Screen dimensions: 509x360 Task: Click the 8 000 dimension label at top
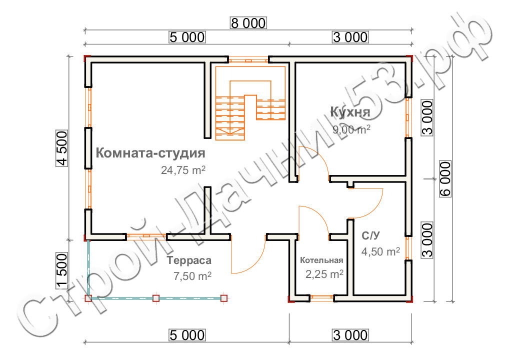click(248, 23)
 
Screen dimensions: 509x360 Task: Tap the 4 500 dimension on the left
click(62, 148)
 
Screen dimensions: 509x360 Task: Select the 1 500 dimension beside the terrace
click(62, 271)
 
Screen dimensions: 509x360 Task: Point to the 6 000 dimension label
click(445, 179)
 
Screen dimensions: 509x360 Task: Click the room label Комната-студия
click(150, 152)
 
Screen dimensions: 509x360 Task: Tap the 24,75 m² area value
click(183, 170)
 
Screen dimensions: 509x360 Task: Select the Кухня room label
click(350, 111)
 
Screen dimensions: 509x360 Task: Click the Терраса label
click(189, 260)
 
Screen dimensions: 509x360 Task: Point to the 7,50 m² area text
click(192, 276)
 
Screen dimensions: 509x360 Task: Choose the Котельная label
click(321, 260)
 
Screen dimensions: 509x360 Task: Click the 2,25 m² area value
click(324, 274)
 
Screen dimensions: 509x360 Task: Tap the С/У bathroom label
click(370, 235)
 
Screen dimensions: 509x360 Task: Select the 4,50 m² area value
click(380, 251)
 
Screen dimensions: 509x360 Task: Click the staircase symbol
click(250, 103)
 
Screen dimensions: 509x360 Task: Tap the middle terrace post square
click(156, 298)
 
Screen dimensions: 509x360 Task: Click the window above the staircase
click(248, 60)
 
